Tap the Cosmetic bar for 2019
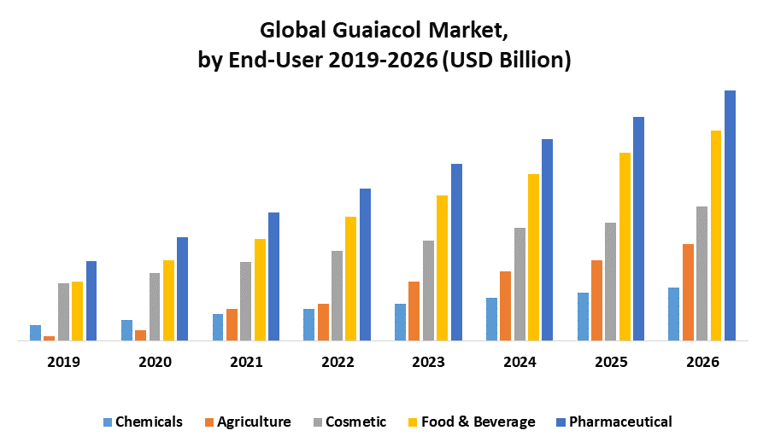click(63, 311)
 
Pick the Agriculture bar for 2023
click(414, 311)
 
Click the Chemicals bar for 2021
click(218, 327)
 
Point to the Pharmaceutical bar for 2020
click(182, 288)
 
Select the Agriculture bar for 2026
click(688, 292)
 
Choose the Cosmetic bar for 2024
click(520, 284)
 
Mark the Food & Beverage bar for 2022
click(350, 278)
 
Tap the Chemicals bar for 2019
click(35, 333)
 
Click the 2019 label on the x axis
click(63, 362)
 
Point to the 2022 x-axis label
click(338, 362)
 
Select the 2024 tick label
click(520, 362)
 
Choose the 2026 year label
click(702, 362)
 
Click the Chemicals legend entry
click(142, 422)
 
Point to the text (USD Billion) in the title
click(504, 61)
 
